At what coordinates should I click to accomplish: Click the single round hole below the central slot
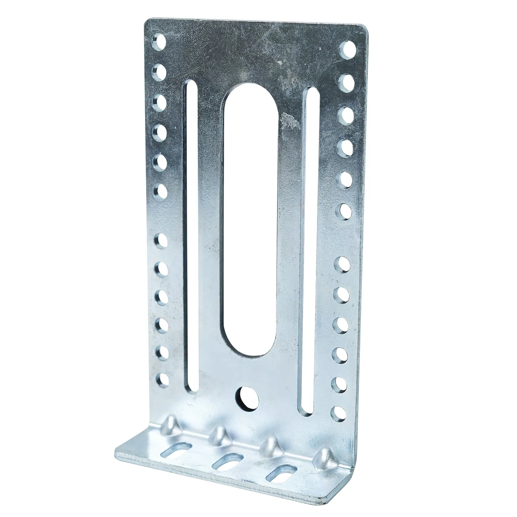coord(247,398)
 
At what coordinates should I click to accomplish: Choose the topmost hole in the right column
coord(348,49)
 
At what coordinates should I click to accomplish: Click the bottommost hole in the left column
coord(162,380)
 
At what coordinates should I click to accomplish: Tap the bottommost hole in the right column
coord(339,413)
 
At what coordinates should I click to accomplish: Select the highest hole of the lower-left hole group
coord(161,241)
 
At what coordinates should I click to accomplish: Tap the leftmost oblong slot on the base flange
coord(175,450)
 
